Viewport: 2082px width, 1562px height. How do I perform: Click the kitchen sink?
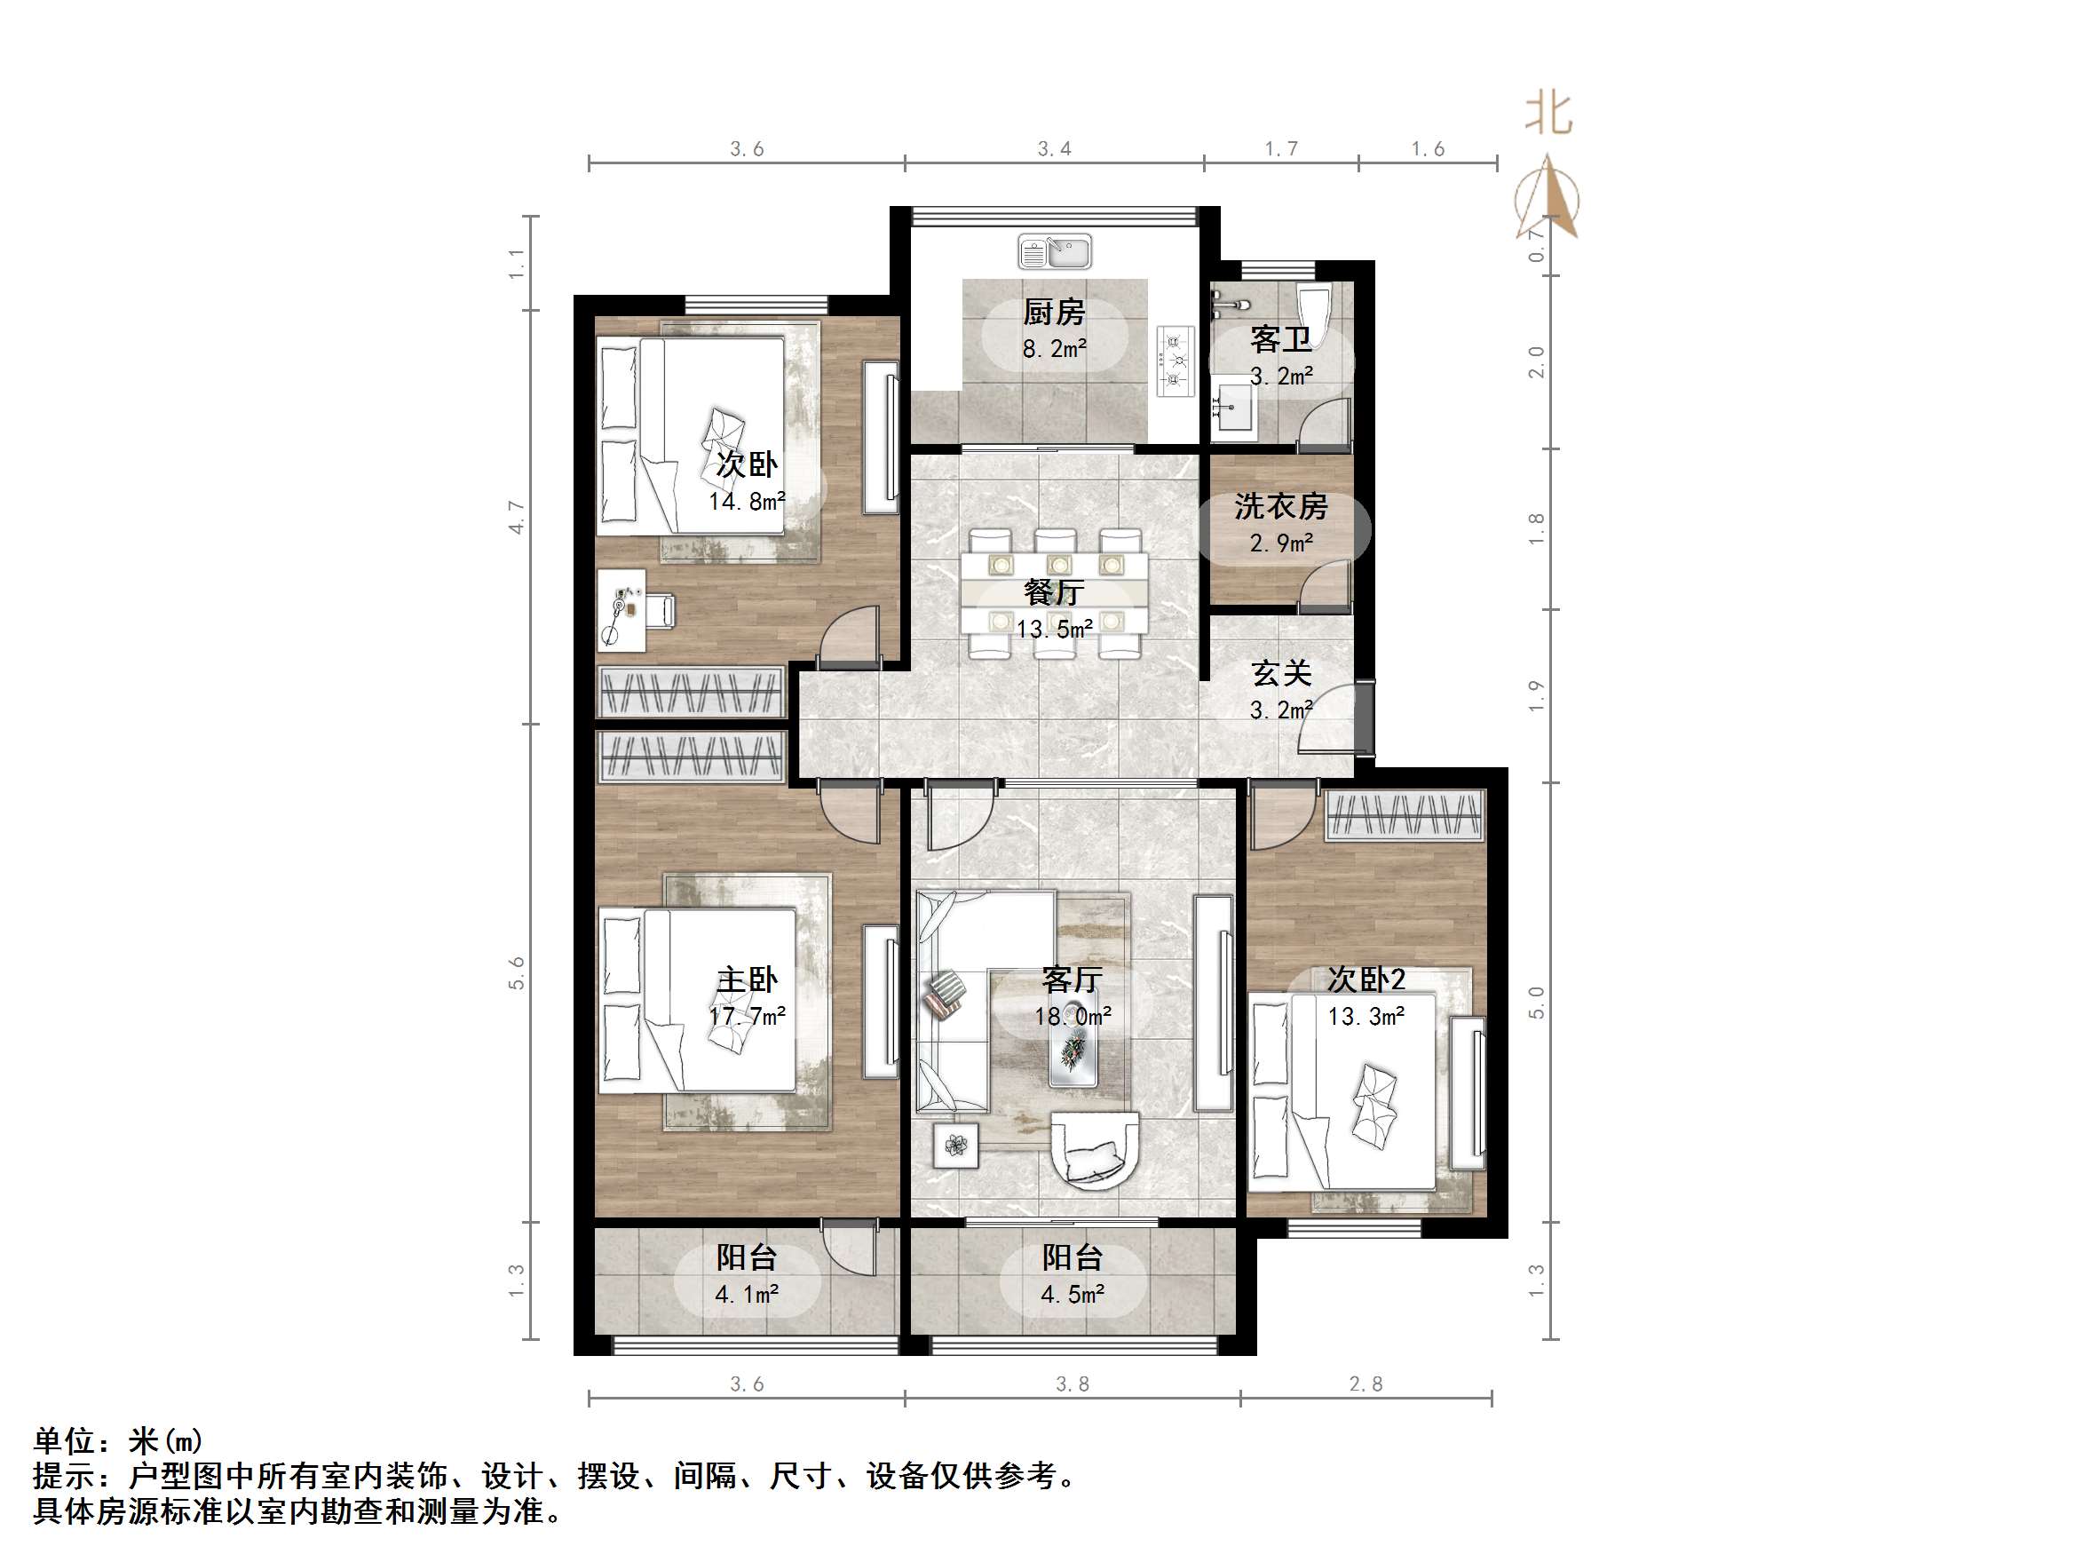pyautogui.click(x=1054, y=252)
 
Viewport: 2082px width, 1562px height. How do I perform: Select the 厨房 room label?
pyautogui.click(x=1054, y=312)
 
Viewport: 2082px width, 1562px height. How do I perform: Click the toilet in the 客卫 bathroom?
pyautogui.click(x=1312, y=310)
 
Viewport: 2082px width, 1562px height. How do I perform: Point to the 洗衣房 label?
pyautogui.click(x=1280, y=506)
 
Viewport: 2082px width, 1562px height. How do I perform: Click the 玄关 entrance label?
pyautogui.click(x=1281, y=673)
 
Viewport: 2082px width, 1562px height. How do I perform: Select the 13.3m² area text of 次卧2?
pyautogui.click(x=1366, y=1016)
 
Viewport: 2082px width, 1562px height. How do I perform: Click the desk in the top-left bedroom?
pyautogui.click(x=621, y=609)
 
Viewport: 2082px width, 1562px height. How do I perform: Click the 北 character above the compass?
pyautogui.click(x=1548, y=114)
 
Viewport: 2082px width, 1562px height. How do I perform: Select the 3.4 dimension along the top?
pyautogui.click(x=1054, y=149)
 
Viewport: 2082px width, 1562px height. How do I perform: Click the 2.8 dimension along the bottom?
pyautogui.click(x=1366, y=1384)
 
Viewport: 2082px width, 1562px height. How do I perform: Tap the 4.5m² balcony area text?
pyautogui.click(x=1072, y=1295)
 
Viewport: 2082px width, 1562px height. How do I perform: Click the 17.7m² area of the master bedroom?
pyautogui.click(x=747, y=1016)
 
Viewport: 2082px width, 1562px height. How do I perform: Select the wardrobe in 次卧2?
pyautogui.click(x=1405, y=815)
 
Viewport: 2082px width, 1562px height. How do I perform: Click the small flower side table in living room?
pyautogui.click(x=956, y=1146)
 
